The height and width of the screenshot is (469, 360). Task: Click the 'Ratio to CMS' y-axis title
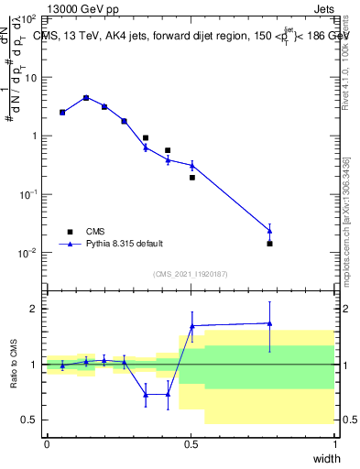click(13, 364)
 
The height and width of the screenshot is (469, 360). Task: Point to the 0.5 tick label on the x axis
click(191, 443)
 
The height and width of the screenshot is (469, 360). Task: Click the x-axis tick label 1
click(335, 443)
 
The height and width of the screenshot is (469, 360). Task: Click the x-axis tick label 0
click(47, 443)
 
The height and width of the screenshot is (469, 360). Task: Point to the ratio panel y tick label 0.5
click(30, 420)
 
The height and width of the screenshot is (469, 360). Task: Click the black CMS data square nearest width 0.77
click(269, 244)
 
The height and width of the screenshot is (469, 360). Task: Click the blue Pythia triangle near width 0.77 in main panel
click(269, 230)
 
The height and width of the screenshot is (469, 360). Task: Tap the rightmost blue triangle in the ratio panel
click(269, 323)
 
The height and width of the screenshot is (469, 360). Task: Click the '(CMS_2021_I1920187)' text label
click(190, 274)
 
